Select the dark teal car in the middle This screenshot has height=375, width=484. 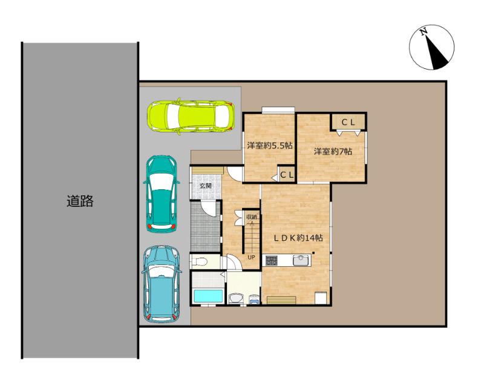click(x=161, y=194)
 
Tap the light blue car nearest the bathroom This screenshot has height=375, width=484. click(x=161, y=284)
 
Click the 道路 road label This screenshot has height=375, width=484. click(x=80, y=201)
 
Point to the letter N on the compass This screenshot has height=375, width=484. click(x=423, y=31)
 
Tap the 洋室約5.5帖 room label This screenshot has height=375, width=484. click(x=269, y=145)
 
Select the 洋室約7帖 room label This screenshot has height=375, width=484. click(x=333, y=151)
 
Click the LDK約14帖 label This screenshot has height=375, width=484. click(x=299, y=238)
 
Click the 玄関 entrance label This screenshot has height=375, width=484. click(x=205, y=186)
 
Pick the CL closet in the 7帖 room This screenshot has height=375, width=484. click(x=348, y=122)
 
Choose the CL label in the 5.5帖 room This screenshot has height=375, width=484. click(x=287, y=175)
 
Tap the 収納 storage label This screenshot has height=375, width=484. click(x=251, y=217)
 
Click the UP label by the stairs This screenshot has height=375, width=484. click(x=252, y=257)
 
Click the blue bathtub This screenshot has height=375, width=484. click(x=208, y=296)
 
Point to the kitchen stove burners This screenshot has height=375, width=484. click(x=271, y=261)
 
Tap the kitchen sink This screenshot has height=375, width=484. click(x=301, y=260)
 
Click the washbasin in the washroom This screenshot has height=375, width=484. click(x=237, y=299)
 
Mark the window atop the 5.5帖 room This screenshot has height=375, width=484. click(x=278, y=110)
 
